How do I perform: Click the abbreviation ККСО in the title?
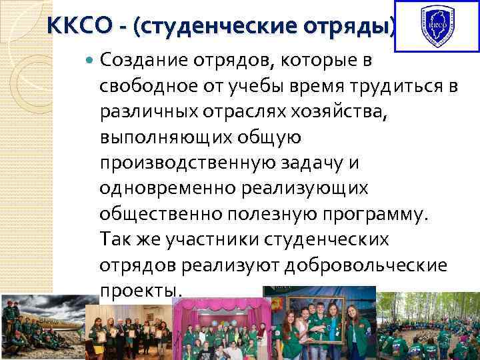[74, 26]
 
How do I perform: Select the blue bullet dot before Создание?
[91, 61]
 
